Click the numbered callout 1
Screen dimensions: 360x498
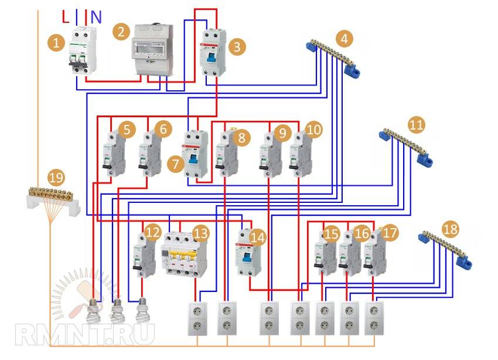(x=57, y=42)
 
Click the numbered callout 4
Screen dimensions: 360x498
(x=345, y=39)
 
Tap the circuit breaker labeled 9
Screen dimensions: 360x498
(x=270, y=154)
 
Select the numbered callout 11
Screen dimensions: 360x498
(x=416, y=125)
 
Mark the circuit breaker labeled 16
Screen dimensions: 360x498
(x=350, y=253)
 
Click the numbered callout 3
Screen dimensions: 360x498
(x=236, y=47)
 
